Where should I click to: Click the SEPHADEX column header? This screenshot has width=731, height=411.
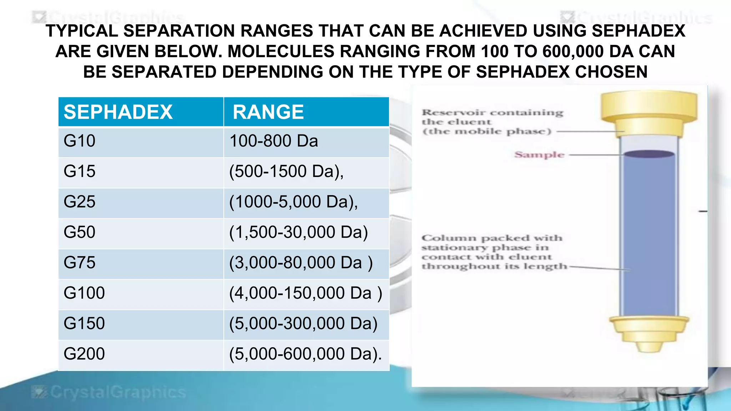(x=118, y=112)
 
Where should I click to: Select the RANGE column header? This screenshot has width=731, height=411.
(x=268, y=112)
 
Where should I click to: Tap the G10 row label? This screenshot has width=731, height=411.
(x=79, y=141)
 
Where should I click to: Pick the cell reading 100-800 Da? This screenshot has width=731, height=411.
(x=273, y=141)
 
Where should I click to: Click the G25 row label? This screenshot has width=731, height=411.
(x=79, y=202)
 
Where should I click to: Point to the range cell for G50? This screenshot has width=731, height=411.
(x=298, y=232)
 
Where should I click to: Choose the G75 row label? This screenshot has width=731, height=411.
(x=79, y=263)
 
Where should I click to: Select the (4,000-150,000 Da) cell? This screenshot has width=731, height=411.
(x=306, y=293)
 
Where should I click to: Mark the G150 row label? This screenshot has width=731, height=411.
(x=84, y=324)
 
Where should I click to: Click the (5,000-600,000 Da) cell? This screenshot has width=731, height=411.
(x=306, y=354)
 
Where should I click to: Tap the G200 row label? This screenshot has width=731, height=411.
(x=84, y=354)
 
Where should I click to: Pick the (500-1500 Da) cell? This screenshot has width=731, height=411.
(x=286, y=171)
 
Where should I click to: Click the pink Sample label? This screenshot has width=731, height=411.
(x=539, y=155)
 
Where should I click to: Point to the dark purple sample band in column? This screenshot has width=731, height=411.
(x=649, y=154)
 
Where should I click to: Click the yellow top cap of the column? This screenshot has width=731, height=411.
(x=649, y=107)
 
